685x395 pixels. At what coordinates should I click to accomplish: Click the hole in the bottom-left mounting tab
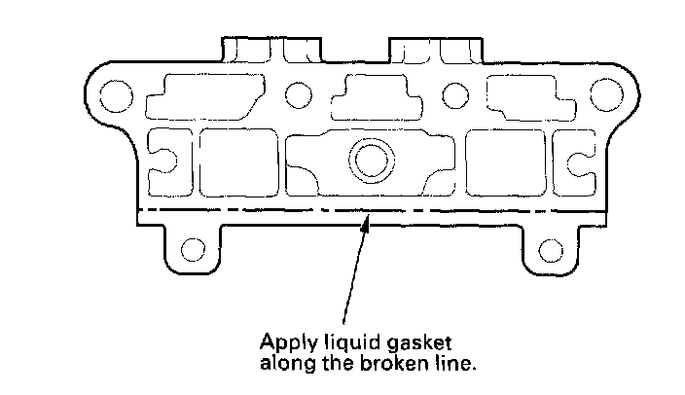194,249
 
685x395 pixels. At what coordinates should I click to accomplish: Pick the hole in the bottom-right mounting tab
549,249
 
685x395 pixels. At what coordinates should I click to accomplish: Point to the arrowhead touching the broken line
366,226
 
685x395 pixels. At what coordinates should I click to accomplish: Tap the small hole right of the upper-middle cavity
451,94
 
